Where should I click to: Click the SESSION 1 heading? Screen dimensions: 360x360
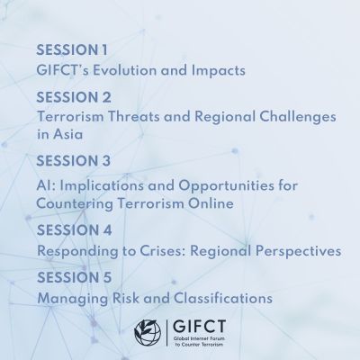click(72, 49)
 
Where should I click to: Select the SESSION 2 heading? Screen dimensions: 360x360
click(74, 97)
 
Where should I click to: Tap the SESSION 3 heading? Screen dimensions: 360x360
click(74, 161)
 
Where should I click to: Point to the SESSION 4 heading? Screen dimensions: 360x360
click(75, 230)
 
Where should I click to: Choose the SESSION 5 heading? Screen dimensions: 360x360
click(74, 277)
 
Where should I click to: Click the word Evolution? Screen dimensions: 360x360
click(125, 70)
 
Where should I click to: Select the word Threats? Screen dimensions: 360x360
click(134, 116)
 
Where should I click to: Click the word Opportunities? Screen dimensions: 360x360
click(230, 186)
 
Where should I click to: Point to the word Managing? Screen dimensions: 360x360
click(72, 299)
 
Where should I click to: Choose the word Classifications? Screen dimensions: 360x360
click(223, 298)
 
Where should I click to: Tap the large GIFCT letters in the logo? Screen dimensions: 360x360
click(200, 327)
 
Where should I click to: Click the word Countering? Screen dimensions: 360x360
click(75, 204)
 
